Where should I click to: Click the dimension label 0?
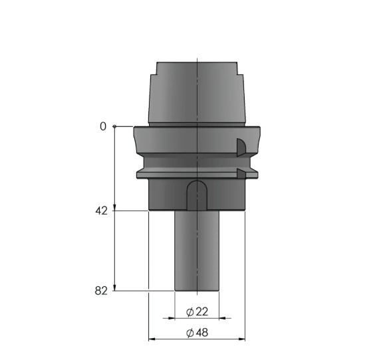(x=103, y=126)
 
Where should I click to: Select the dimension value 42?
(x=100, y=211)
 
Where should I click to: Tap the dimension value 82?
(x=100, y=290)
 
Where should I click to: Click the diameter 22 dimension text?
(x=197, y=312)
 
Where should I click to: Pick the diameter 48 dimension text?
(x=197, y=333)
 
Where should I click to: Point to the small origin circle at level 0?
(x=115, y=126)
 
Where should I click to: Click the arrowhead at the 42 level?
(x=115, y=207)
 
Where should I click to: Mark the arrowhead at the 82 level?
(x=115, y=287)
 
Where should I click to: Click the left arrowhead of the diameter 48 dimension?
(x=152, y=339)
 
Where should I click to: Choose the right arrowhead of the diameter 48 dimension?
(x=242, y=339)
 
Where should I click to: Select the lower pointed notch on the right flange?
(x=241, y=174)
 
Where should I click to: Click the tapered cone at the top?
(x=197, y=93)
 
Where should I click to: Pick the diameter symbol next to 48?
(x=190, y=333)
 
